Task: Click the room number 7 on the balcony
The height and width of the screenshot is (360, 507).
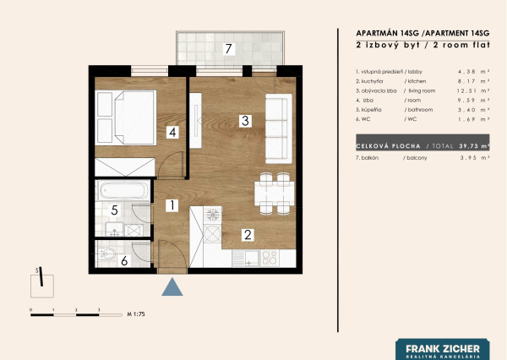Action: [x=229, y=49]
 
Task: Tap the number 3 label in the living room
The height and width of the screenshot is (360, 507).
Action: [x=245, y=121]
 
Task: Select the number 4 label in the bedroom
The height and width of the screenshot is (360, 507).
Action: [x=172, y=133]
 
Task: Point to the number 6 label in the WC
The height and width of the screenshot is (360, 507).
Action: [x=124, y=260]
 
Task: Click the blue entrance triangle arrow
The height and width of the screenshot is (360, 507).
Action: [x=172, y=287]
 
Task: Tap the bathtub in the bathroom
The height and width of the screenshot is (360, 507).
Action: [x=123, y=190]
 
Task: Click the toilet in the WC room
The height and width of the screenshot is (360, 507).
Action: [x=106, y=254]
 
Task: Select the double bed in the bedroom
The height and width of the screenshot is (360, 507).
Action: [x=126, y=117]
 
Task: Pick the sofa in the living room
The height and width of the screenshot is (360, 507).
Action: [x=279, y=128]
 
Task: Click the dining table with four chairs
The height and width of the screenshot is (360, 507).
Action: [x=274, y=194]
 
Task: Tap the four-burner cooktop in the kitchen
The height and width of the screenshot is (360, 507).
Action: [x=270, y=258]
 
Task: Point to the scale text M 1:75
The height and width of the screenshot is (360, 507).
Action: [x=136, y=314]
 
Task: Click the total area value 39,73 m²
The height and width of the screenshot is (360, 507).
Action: [x=474, y=146]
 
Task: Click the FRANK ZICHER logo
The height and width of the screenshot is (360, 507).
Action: [x=443, y=350]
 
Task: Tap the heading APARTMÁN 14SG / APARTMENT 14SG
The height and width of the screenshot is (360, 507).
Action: [x=422, y=33]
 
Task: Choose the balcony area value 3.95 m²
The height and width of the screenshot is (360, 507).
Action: [x=475, y=158]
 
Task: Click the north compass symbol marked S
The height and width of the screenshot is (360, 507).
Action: [x=42, y=282]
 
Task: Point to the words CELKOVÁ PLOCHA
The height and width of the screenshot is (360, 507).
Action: [x=388, y=146]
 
